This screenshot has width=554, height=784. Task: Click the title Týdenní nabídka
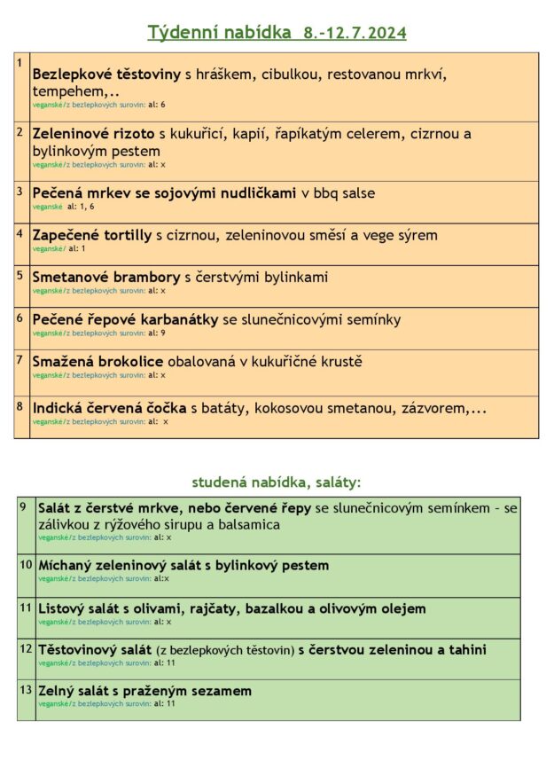pos(219,34)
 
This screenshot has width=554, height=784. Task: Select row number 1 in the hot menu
pos(20,62)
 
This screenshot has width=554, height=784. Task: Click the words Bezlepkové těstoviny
pos(106,75)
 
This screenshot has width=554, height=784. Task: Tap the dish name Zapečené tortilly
pos(91,235)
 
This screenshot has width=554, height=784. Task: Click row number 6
pos(20,317)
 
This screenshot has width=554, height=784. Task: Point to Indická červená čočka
pos(109,408)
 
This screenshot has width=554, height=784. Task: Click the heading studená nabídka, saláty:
pos(277,482)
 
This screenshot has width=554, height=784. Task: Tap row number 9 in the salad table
pos(24,506)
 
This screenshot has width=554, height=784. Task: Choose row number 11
pos(26,608)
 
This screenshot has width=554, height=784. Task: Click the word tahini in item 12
pos(467,649)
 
